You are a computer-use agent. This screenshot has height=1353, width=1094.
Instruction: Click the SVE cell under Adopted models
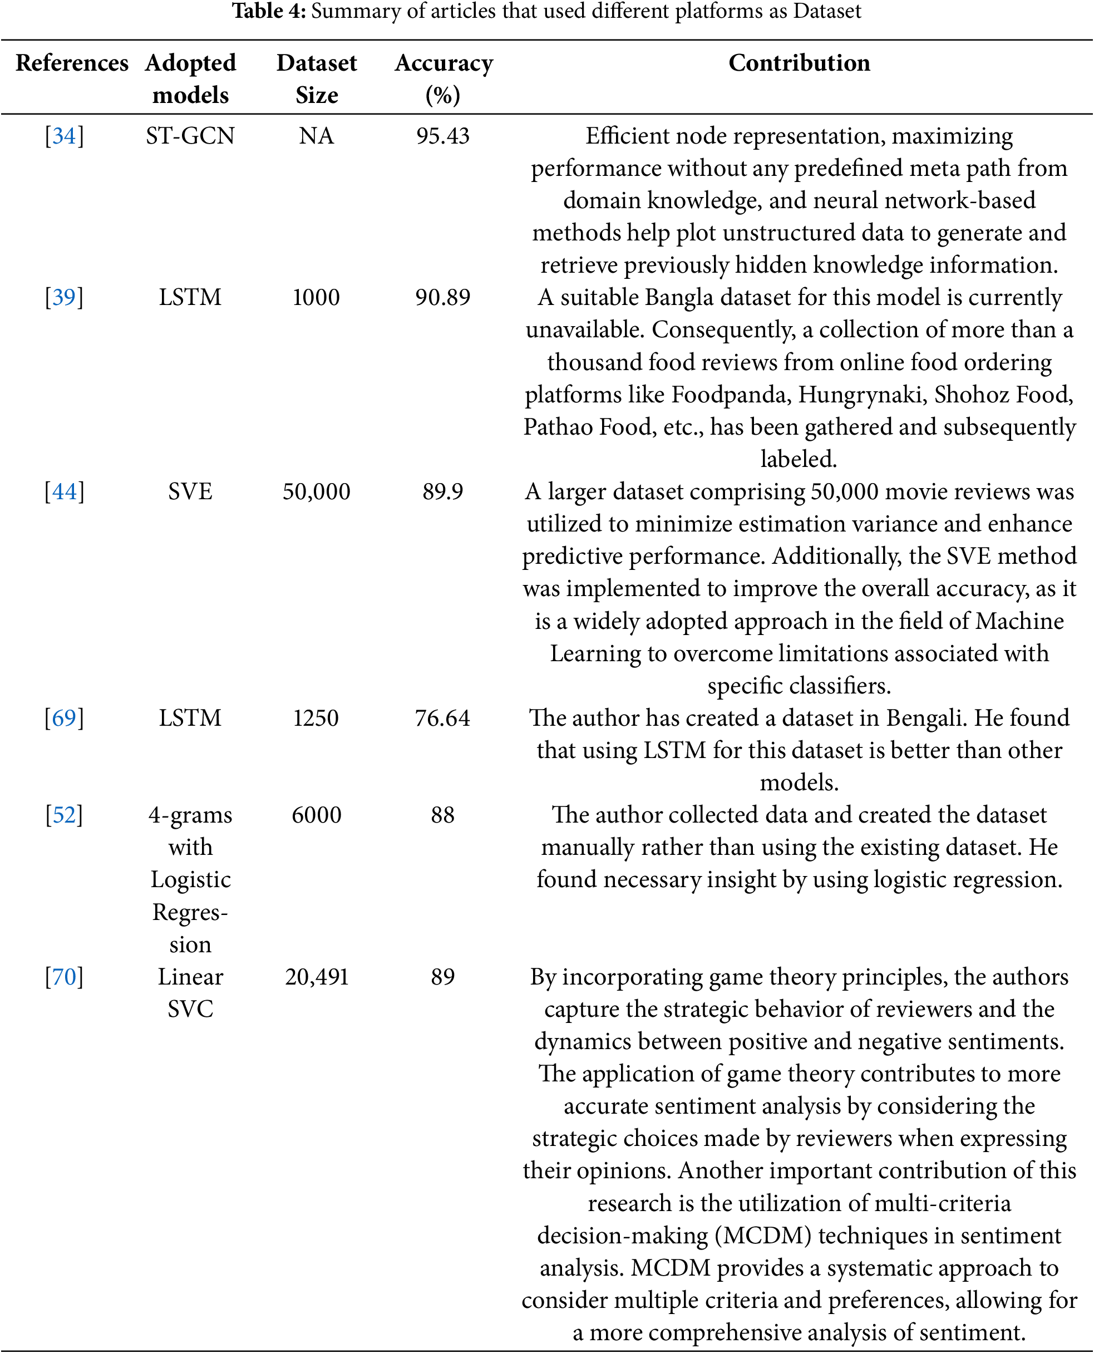pos(190,491)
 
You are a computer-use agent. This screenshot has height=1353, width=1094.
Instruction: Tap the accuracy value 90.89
pos(443,297)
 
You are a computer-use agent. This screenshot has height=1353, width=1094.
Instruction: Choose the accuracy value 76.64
pos(443,717)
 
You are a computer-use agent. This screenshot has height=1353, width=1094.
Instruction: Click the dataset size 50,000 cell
pos(317,491)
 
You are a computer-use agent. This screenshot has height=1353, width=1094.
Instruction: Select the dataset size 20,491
pos(317,976)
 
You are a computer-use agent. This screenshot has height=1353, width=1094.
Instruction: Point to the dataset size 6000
pos(317,814)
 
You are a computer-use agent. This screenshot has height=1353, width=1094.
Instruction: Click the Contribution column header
pos(799,63)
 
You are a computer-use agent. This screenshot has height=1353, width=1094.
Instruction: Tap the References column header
pos(72,63)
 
